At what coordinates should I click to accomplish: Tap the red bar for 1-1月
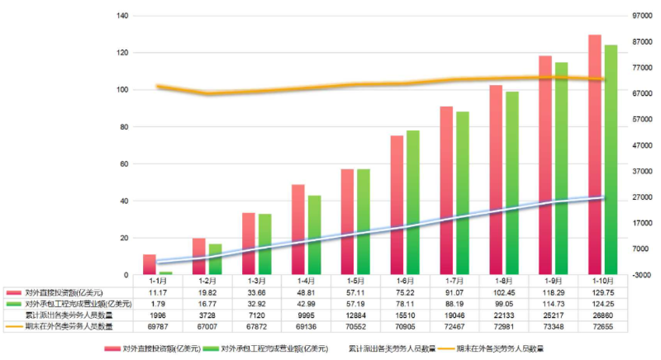click(149, 264)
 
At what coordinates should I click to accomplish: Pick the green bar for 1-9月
click(562, 168)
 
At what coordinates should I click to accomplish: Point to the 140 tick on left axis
click(122, 16)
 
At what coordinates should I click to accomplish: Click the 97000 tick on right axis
click(643, 16)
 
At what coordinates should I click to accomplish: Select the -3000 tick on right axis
click(643, 275)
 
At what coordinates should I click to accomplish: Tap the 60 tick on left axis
click(124, 163)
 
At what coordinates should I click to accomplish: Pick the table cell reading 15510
click(405, 315)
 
